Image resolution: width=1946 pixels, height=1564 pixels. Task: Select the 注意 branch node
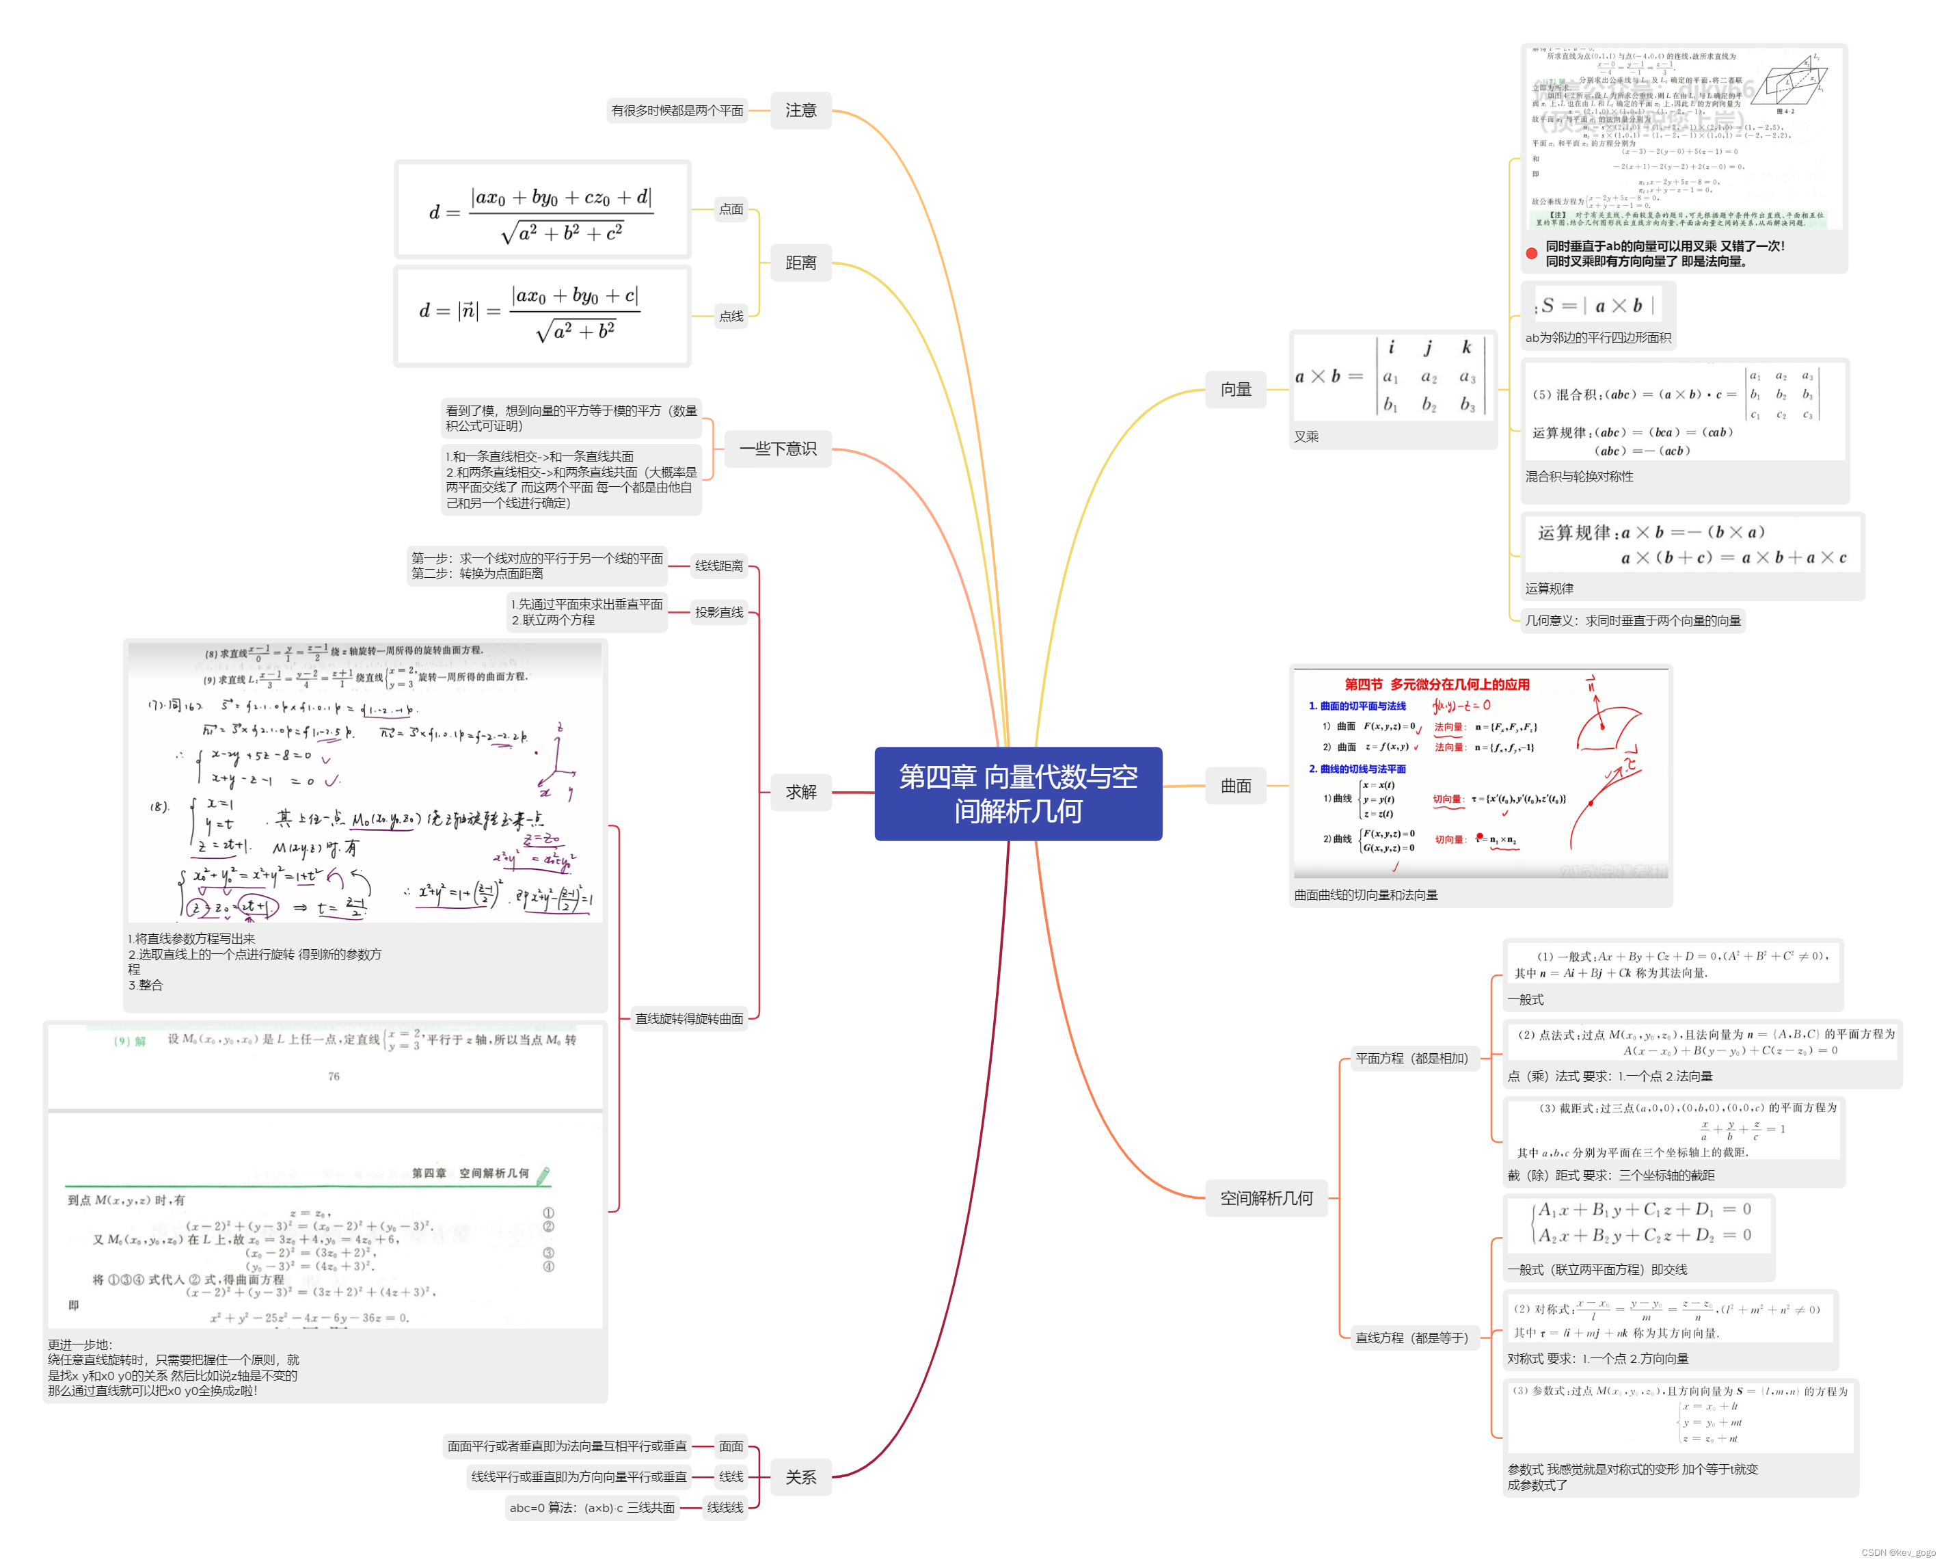tap(800, 110)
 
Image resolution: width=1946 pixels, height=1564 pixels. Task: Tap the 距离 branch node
tap(800, 263)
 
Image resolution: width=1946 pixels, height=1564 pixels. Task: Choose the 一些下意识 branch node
tap(777, 449)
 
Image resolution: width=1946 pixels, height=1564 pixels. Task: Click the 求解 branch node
tap(800, 792)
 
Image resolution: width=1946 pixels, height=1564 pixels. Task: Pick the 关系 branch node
tap(800, 1476)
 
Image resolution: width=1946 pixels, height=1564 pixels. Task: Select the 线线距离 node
tap(718, 566)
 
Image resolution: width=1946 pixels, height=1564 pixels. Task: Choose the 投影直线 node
tap(718, 612)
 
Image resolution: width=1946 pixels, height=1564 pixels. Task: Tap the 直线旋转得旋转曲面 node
tap(689, 1018)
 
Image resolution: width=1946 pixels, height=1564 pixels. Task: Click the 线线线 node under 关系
tap(725, 1507)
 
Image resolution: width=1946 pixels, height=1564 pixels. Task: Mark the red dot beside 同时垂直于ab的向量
tap(1531, 254)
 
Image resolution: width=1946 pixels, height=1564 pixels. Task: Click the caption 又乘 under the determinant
tap(1306, 437)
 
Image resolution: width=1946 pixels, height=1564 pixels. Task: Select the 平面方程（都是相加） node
tap(1411, 1059)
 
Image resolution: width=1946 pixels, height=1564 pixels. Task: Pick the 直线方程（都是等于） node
tap(1411, 1338)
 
